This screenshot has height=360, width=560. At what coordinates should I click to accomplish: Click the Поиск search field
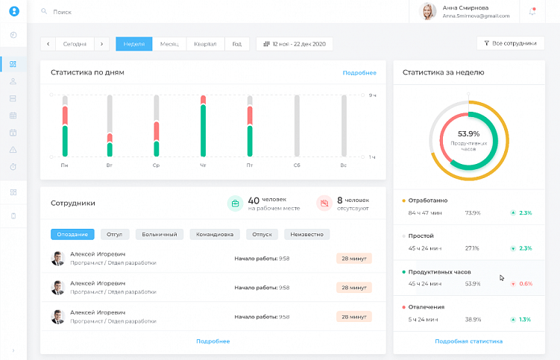point(63,12)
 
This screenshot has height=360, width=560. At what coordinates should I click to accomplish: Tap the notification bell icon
point(532,11)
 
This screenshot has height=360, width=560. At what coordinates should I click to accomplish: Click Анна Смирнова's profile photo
point(429,11)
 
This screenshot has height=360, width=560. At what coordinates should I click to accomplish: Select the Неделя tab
point(133,44)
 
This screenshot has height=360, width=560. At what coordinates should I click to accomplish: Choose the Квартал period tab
point(204,44)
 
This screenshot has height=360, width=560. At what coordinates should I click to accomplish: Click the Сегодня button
point(75,44)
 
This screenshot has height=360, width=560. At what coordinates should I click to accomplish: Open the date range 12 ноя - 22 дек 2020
point(295,44)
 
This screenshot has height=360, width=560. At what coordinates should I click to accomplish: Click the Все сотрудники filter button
point(510,43)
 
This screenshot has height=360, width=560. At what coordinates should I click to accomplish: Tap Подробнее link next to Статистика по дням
point(359,72)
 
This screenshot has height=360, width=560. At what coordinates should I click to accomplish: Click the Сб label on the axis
point(297,165)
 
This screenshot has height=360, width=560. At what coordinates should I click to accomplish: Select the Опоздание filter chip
point(72,234)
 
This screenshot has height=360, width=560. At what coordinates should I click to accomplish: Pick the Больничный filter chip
point(160,234)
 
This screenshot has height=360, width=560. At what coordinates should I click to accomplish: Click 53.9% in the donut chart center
point(468,133)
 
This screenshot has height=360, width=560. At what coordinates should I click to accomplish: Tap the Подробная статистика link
point(468,341)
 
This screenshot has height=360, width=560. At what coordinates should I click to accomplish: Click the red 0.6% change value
point(526,284)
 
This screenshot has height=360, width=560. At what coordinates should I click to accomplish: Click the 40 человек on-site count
point(254,200)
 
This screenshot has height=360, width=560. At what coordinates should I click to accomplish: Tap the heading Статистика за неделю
point(443,72)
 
